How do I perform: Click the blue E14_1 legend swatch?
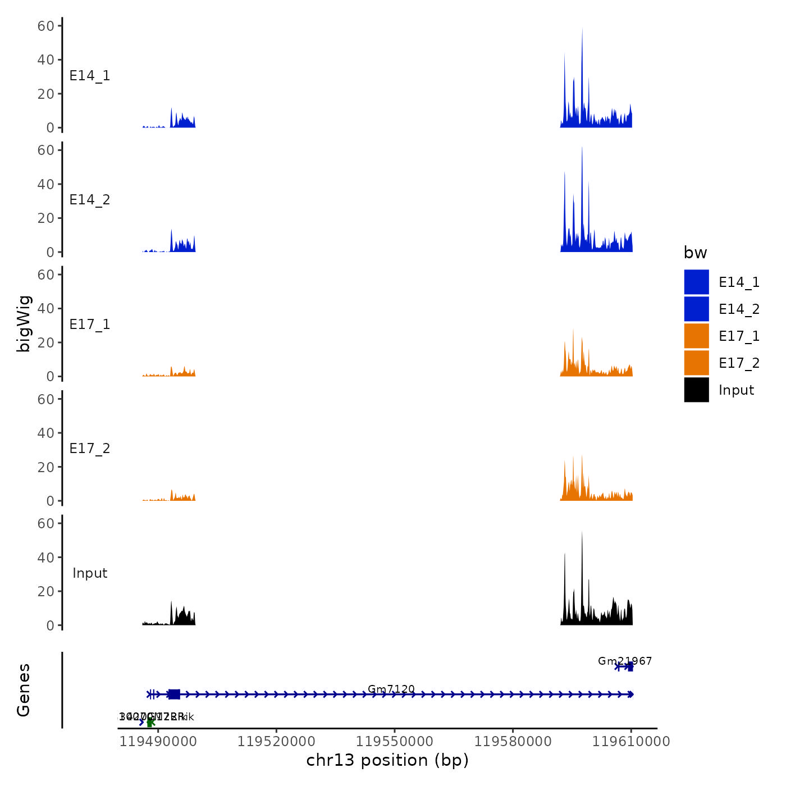[696, 282]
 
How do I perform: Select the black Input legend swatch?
[696, 390]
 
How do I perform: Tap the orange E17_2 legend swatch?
[696, 363]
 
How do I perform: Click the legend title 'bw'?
[695, 253]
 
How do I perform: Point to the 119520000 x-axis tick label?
[276, 742]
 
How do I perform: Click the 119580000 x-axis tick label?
[513, 742]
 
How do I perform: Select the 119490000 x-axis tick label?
[158, 742]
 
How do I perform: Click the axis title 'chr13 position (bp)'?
[387, 761]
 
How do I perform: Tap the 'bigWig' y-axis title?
[24, 324]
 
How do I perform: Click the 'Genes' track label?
[24, 690]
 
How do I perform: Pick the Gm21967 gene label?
[625, 661]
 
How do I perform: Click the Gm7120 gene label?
[391, 689]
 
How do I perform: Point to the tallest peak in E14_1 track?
[582, 29]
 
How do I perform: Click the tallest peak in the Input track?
[582, 532]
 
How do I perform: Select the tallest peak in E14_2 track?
[582, 148]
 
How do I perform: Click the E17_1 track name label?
[90, 325]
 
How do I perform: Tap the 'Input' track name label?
[90, 573]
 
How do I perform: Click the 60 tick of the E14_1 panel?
[46, 26]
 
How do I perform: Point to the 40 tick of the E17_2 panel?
[46, 433]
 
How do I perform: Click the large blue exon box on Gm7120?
[174, 694]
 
